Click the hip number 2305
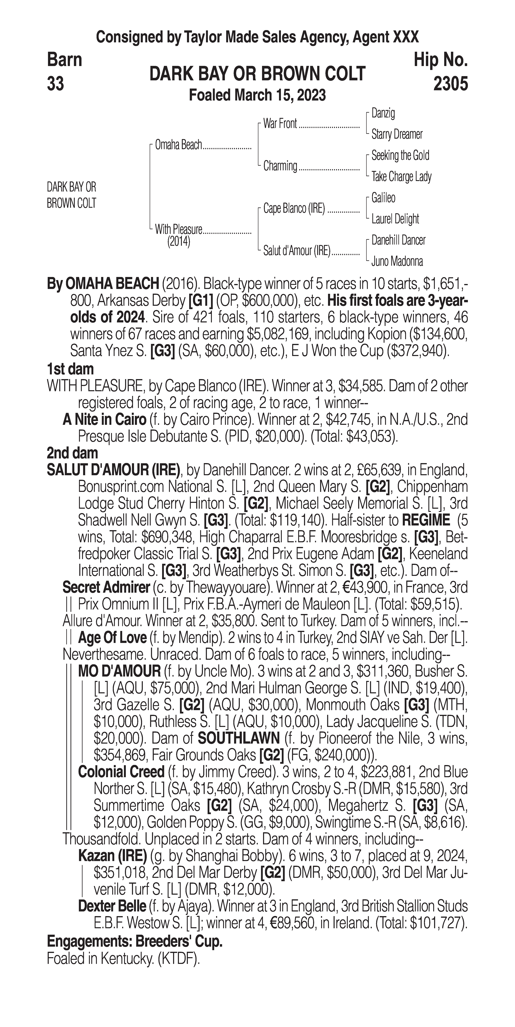coord(450,84)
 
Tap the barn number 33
coord(55,84)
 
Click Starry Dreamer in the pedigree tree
coord(396,134)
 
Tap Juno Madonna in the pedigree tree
coord(397,261)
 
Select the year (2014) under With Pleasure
coord(178,242)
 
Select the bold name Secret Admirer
coord(106,587)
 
